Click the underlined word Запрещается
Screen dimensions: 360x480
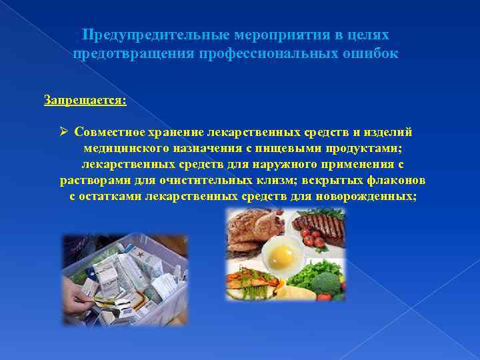coord(85,100)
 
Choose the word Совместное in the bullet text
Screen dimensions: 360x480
coord(108,132)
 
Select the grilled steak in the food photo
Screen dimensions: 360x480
coord(323,227)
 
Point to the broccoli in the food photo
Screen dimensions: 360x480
coord(330,280)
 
